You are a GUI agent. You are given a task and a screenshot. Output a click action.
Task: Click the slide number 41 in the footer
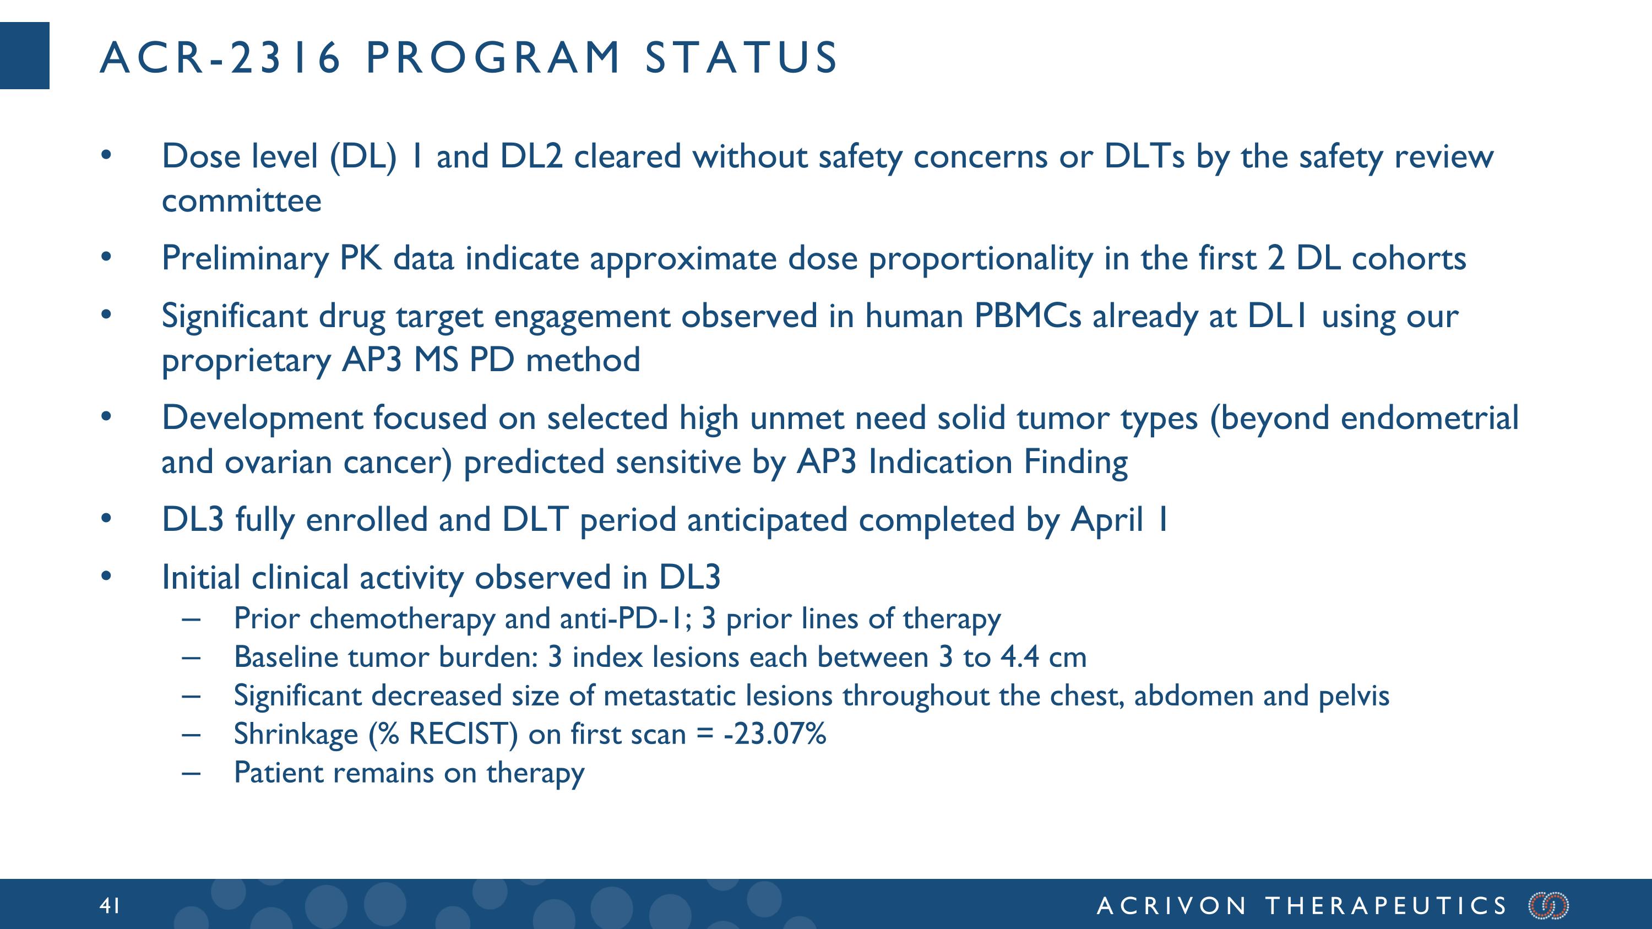coord(110,905)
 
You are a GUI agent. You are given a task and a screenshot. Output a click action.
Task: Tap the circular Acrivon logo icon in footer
coord(1548,905)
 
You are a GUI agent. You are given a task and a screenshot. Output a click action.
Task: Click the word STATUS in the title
coord(741,58)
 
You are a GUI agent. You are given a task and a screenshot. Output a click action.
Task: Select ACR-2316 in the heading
coord(220,58)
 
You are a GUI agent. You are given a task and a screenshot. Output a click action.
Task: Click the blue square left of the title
coord(24,56)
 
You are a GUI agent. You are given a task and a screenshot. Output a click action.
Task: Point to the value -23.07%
coord(775,734)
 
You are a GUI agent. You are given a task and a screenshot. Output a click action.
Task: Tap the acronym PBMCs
coord(1028,316)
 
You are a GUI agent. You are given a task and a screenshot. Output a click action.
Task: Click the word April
coord(1107,519)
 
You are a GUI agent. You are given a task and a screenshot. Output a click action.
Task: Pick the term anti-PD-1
coord(625,619)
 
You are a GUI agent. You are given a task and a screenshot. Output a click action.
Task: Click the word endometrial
coord(1429,418)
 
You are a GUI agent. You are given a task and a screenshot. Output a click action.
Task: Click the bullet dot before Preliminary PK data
coord(106,258)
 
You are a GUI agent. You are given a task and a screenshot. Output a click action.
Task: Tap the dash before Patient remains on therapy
coord(191,773)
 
